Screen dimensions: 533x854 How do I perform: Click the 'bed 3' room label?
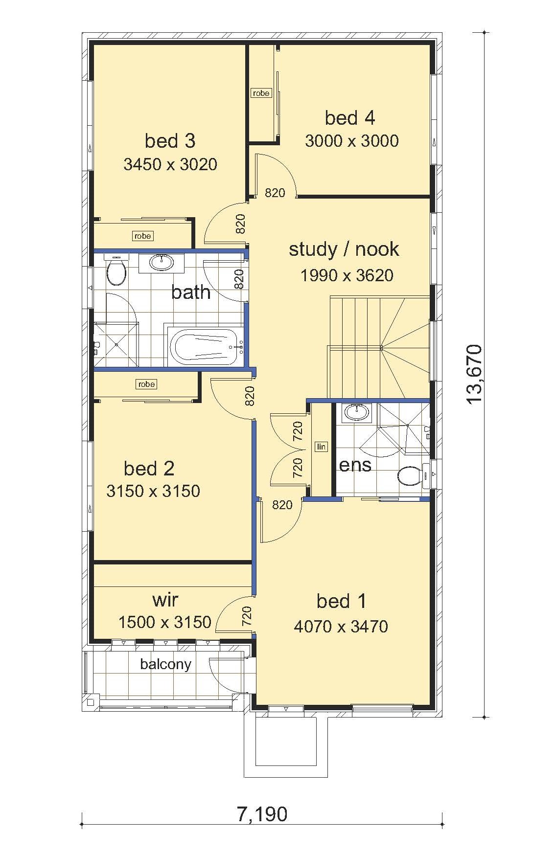pyautogui.click(x=170, y=141)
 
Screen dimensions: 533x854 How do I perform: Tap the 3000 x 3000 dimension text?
pyautogui.click(x=351, y=141)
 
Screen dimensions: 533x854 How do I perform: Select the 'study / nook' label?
pyautogui.click(x=344, y=249)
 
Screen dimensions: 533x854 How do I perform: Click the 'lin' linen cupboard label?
pyautogui.click(x=321, y=446)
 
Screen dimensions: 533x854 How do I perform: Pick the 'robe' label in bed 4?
pyautogui.click(x=261, y=93)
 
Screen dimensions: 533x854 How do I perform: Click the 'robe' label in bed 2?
pyautogui.click(x=146, y=384)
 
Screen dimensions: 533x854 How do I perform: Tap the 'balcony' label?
pyautogui.click(x=165, y=664)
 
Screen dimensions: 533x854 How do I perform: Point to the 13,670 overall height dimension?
pyautogui.click(x=474, y=374)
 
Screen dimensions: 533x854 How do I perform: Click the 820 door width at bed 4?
pyautogui.click(x=275, y=193)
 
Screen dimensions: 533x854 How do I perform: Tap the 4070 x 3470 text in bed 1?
pyautogui.click(x=341, y=626)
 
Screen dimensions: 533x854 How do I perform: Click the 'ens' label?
pyautogui.click(x=355, y=465)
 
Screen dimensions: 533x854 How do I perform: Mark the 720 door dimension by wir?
pyautogui.click(x=247, y=616)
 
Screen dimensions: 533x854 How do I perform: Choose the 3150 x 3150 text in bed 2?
pyautogui.click(x=153, y=491)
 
